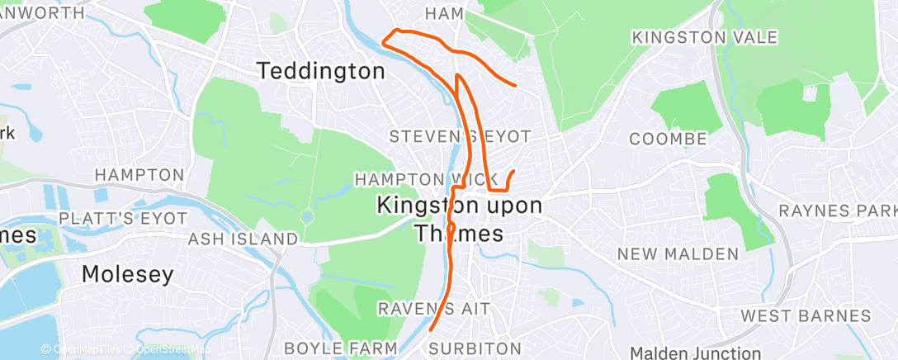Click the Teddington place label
click(321, 72)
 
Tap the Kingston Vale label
click(704, 38)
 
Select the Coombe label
click(669, 139)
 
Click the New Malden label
click(678, 253)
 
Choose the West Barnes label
click(806, 315)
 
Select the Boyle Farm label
click(341, 348)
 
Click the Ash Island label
click(243, 239)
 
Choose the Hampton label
click(139, 175)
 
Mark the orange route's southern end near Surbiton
click(431, 331)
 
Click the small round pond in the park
click(308, 218)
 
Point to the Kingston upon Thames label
click(460, 218)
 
